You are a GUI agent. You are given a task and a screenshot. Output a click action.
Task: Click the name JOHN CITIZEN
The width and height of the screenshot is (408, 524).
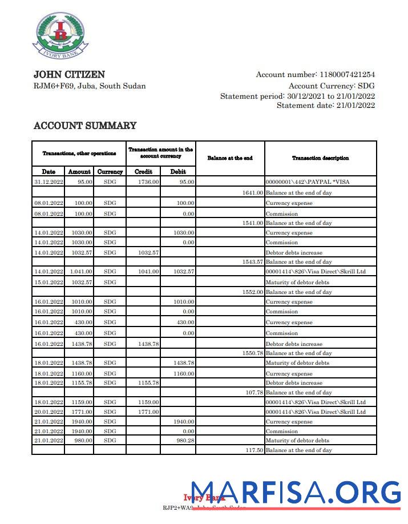point(69,75)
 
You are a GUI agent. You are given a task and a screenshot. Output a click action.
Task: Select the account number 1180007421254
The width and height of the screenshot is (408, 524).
point(347,75)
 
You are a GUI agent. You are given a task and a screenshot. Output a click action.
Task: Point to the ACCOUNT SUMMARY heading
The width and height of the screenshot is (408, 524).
point(85,126)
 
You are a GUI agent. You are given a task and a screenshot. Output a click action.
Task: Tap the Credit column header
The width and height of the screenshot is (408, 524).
point(143,171)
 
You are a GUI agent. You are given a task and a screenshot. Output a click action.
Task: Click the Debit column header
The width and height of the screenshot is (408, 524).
point(178,171)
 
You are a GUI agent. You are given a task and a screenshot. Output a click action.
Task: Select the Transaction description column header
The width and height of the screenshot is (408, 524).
point(320,158)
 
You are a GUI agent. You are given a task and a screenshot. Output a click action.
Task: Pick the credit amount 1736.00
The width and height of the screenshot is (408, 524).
point(148,182)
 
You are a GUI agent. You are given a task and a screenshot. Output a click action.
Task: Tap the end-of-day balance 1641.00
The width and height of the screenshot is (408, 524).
point(252,193)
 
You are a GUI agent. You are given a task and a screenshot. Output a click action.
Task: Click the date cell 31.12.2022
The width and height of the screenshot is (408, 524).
point(49,182)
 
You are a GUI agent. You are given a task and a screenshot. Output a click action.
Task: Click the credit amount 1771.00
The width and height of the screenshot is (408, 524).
point(148,412)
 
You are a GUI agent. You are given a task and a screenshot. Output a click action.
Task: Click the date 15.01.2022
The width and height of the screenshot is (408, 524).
point(49,282)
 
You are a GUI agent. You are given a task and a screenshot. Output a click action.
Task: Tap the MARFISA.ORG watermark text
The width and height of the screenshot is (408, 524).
point(296,492)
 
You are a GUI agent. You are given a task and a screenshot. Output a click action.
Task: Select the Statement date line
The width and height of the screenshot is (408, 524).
point(326,106)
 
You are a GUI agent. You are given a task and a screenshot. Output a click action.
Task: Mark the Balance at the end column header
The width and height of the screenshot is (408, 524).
point(230,158)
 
